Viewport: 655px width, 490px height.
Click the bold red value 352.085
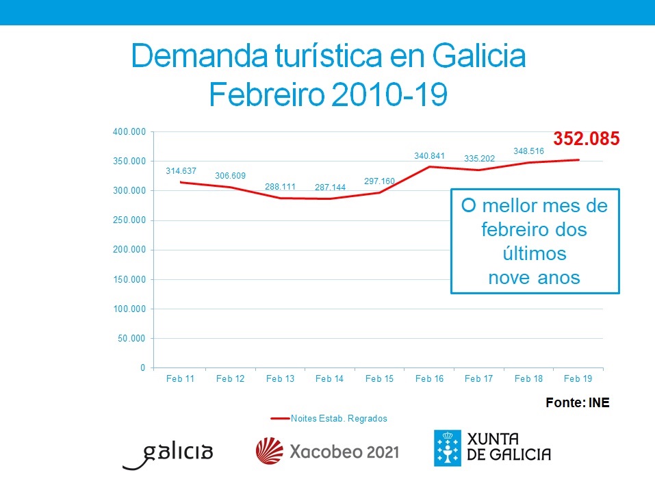(x=586, y=139)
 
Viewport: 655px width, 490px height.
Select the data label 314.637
(x=181, y=170)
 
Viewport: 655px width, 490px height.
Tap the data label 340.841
(x=430, y=156)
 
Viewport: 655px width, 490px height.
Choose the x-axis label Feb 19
(x=578, y=378)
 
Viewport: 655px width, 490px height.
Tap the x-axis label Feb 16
(x=429, y=378)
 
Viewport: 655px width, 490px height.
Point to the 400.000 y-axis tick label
(x=129, y=131)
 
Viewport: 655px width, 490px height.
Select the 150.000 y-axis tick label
(x=129, y=279)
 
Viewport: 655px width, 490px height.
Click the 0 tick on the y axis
(x=142, y=367)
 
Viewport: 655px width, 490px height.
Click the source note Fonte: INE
(x=577, y=403)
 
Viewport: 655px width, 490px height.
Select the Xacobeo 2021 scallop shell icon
(x=269, y=452)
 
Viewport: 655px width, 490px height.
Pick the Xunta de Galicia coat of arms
(x=446, y=448)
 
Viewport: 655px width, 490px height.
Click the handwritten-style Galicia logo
(x=168, y=453)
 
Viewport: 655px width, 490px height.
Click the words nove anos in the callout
(x=534, y=277)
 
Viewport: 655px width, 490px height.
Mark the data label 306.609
(x=230, y=176)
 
